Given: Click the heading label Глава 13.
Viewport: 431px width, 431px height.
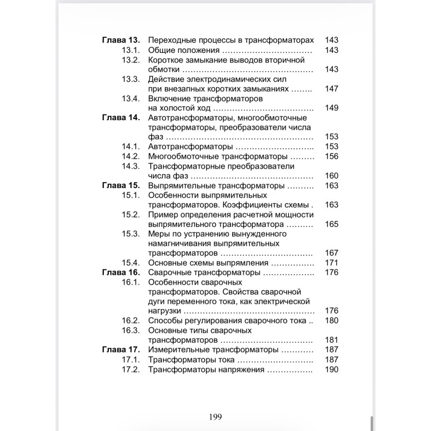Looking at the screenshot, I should click(121, 40).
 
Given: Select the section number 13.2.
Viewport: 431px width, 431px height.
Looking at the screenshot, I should click(131, 60).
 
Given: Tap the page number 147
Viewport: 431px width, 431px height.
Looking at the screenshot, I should click(332, 88).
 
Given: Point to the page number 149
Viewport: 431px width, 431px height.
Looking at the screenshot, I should click(332, 108).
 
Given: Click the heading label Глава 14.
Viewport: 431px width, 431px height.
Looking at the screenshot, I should click(121, 118).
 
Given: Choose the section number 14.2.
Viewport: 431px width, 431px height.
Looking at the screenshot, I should click(131, 156).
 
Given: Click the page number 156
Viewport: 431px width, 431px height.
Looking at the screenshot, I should click(332, 156).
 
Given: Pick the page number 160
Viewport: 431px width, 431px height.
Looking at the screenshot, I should click(332, 176).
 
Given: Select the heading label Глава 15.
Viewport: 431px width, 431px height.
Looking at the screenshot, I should click(121, 185).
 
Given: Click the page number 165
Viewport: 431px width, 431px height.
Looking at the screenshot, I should click(332, 224).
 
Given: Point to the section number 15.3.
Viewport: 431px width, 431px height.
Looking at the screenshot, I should click(131, 234).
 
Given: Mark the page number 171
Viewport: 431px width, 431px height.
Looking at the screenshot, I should click(332, 263).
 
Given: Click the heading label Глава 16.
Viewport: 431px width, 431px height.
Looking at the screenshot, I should click(121, 273).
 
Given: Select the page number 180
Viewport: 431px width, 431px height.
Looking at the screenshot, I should click(332, 321).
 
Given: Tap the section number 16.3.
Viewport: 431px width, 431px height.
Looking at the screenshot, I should click(131, 330).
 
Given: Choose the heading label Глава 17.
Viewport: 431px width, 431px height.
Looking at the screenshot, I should click(121, 350).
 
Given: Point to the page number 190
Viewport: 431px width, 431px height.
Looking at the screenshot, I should click(332, 370).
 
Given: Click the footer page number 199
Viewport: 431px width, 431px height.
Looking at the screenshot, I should click(215, 416).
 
